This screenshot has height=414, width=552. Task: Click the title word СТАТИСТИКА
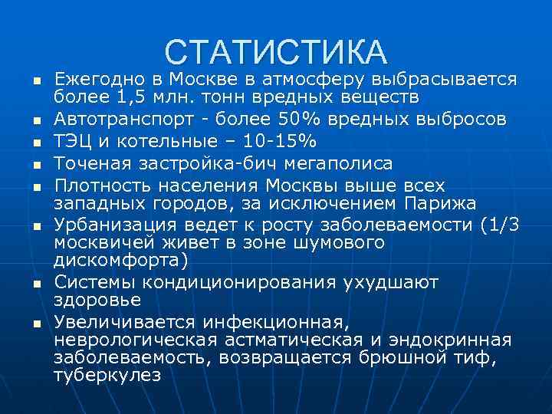tap(276, 51)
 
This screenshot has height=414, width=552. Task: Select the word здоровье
tap(97, 300)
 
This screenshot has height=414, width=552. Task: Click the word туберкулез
tap(107, 375)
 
